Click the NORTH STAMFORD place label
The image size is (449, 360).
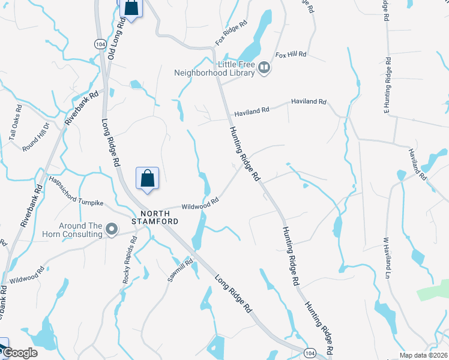(x=160, y=217)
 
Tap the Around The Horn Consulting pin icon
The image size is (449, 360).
(x=111, y=229)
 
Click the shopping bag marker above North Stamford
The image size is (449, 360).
(x=148, y=178)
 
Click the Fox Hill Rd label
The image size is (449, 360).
(x=291, y=55)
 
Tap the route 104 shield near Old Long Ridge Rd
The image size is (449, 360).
(x=100, y=44)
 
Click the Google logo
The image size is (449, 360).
(x=19, y=353)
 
